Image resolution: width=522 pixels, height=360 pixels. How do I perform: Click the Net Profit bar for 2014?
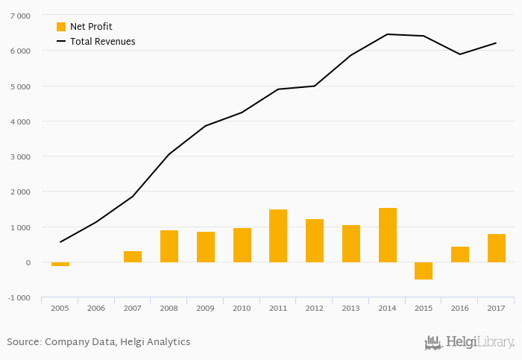(x=388, y=235)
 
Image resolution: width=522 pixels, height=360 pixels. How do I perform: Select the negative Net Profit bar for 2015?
(x=424, y=271)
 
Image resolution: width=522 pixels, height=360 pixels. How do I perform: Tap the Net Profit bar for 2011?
(x=278, y=236)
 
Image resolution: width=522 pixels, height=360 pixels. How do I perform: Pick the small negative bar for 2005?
(x=60, y=264)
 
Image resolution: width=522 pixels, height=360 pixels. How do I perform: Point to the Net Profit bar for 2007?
(x=133, y=256)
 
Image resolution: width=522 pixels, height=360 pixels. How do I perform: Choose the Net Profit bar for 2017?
(x=497, y=248)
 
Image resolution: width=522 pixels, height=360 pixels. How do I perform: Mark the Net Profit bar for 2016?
(x=460, y=254)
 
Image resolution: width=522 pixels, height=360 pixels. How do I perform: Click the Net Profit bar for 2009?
(x=206, y=247)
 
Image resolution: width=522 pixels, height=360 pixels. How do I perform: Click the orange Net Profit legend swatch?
(x=61, y=27)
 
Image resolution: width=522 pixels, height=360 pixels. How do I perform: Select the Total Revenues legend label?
(x=103, y=42)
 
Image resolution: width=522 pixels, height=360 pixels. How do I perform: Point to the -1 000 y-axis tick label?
(x=19, y=297)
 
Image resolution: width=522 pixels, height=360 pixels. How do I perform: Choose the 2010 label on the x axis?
(x=242, y=307)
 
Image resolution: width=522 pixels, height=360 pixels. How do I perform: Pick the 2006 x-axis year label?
(x=96, y=307)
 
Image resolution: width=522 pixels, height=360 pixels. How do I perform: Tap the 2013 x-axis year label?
(x=351, y=307)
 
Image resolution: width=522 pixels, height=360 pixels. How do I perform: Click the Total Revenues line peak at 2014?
(x=388, y=34)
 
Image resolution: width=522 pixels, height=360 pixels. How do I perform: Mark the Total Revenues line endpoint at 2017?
(x=497, y=43)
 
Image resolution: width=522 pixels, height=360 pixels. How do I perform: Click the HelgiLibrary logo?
(x=469, y=342)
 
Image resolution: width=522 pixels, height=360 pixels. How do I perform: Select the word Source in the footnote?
(x=22, y=342)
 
